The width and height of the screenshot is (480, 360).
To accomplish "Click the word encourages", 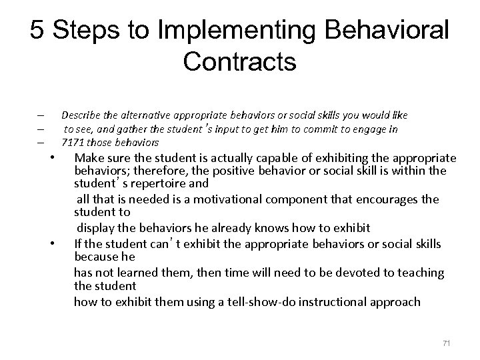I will click(386, 199).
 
